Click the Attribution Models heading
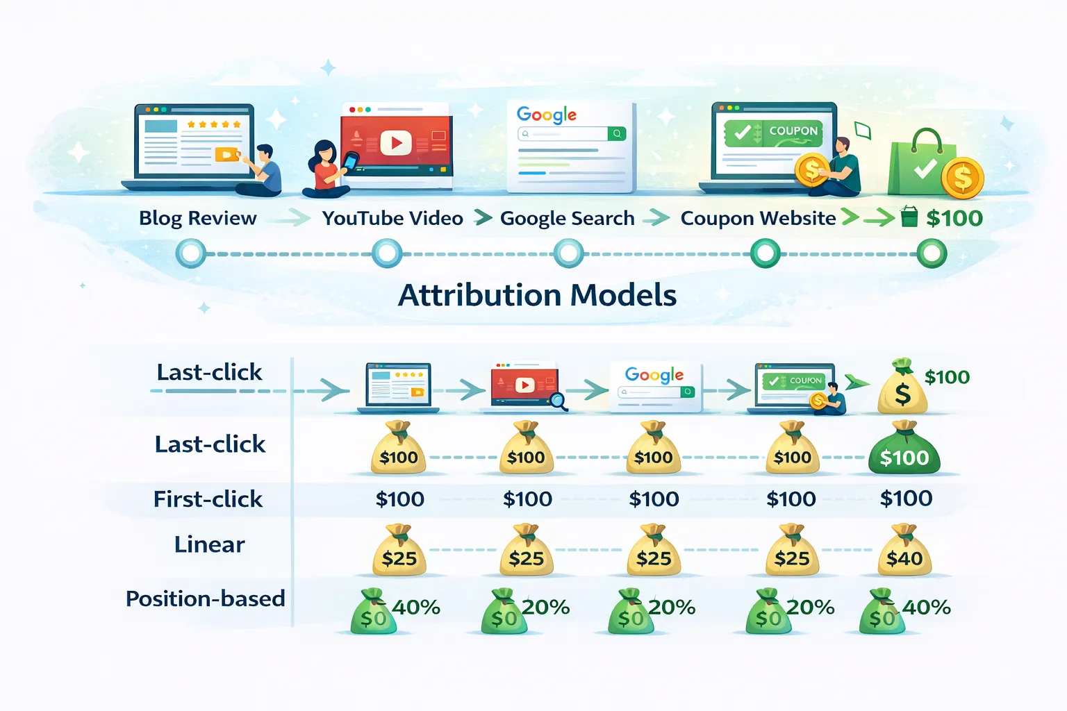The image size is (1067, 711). [537, 295]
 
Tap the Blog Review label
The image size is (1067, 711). [198, 218]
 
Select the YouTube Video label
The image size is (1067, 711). [392, 219]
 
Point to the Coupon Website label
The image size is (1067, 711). [758, 219]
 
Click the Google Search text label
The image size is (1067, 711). [568, 219]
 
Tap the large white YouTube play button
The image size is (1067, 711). [395, 142]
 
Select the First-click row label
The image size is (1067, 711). [208, 499]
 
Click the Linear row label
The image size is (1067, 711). [210, 544]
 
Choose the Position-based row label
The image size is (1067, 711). [206, 599]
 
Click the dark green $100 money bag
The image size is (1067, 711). [904, 448]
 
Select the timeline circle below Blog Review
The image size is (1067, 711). [191, 253]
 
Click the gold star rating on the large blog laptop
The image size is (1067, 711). [214, 124]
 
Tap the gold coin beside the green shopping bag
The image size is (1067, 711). [963, 178]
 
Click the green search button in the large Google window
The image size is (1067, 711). [617, 134]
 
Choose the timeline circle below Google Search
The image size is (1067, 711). [568, 253]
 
